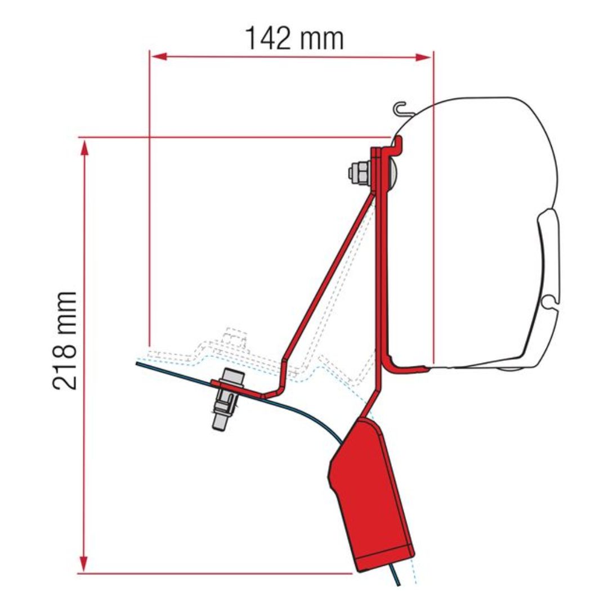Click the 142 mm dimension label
(294, 38)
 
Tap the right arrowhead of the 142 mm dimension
(423, 57)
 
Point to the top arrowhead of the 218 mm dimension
(84, 147)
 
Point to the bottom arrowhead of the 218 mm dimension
(83, 564)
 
